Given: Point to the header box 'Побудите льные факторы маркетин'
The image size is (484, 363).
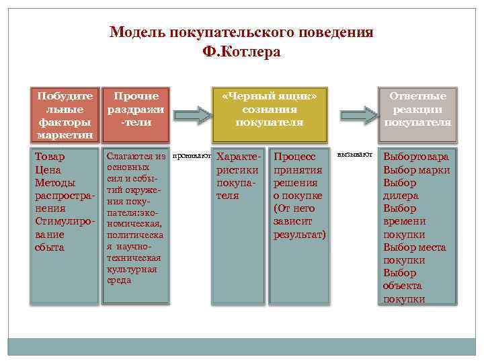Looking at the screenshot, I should point(65,114).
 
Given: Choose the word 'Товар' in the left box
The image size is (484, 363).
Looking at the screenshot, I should point(50,157).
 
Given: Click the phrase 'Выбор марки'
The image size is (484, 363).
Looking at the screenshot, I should point(416,169).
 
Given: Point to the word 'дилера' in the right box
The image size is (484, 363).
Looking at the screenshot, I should point(401,196).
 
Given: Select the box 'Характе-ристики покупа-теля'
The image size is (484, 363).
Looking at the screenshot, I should point(235,176).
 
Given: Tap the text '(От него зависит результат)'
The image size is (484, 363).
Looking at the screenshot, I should point(299,221).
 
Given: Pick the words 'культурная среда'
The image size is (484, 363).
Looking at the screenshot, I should point(132,275).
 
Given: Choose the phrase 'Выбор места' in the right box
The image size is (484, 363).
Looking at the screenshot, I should point(414,247).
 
